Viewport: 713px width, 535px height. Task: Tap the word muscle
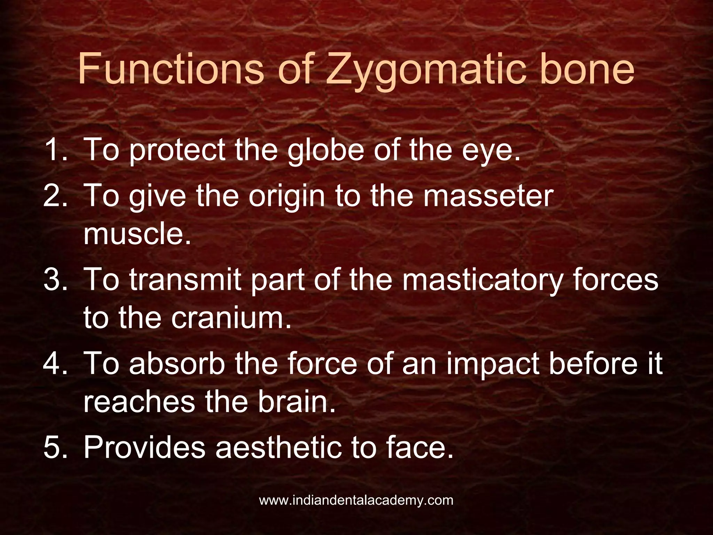tap(137, 234)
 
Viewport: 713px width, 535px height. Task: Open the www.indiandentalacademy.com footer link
tap(356, 501)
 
